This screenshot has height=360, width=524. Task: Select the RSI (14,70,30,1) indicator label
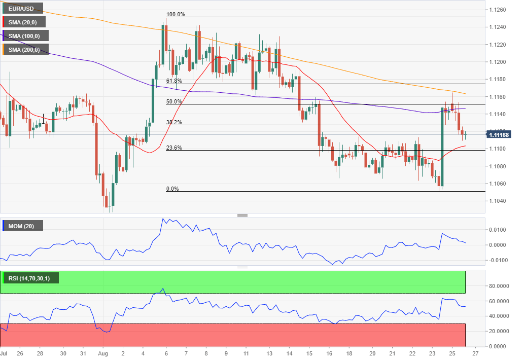point(30,278)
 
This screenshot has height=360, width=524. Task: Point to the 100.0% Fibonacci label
point(176,14)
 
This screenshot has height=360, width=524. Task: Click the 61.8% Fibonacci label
point(173,81)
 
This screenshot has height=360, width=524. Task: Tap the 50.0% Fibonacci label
point(173,101)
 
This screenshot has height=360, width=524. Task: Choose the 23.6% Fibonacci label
point(173,148)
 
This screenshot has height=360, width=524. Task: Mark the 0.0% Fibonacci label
point(172,189)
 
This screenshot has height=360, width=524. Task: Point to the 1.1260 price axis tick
point(497,10)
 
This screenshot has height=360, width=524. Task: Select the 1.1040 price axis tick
point(497,201)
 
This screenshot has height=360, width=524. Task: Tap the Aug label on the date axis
point(102,353)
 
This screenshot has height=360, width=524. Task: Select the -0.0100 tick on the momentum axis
point(497,260)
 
